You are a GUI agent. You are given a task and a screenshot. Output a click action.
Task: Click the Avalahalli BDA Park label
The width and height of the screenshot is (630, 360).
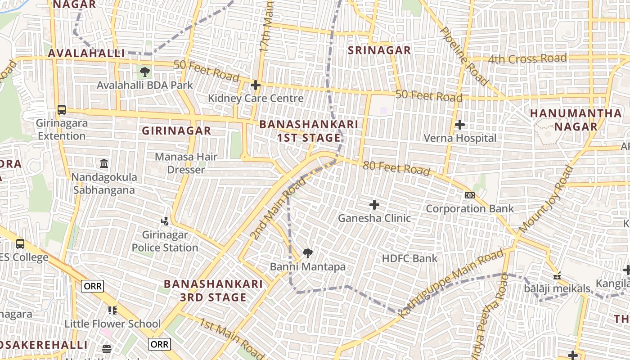pos(145,85)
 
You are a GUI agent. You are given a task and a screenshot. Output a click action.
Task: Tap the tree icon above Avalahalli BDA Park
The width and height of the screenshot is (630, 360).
pos(145,72)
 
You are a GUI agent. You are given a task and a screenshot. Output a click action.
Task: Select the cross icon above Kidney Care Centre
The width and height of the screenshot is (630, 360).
pos(256,85)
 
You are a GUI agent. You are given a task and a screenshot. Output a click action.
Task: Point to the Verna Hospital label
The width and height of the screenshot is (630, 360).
pos(460,138)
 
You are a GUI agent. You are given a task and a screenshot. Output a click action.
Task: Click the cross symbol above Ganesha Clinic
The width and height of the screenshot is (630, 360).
pos(374,205)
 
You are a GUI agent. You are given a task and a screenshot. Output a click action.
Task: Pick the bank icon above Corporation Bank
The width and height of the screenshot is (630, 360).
pos(469,195)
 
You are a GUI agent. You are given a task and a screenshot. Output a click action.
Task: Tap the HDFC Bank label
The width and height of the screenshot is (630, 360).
pos(409,258)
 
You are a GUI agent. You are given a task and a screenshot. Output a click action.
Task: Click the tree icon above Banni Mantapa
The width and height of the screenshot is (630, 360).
pos(308,253)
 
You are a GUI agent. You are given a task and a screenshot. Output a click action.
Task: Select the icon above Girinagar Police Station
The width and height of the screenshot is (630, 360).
pos(165,221)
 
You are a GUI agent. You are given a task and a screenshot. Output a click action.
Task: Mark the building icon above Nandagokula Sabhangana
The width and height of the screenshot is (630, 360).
pos(104,163)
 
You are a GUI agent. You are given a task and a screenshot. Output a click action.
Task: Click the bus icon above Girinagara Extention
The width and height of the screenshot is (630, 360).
pos(62,110)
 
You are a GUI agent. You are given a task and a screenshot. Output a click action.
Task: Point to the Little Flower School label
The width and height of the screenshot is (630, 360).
pos(112,324)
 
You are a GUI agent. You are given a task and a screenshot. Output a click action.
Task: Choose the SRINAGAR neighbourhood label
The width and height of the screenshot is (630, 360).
pos(379,50)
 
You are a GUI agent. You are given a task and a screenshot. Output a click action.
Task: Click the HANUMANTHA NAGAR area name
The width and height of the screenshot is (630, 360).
pos(576,120)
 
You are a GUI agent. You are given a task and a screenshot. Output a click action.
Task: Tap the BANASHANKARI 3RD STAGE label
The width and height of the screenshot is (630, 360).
pos(213,291)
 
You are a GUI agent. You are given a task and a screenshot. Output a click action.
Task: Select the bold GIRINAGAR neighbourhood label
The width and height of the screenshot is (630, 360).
pos(176,131)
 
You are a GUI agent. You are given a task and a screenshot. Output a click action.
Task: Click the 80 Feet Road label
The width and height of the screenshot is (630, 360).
pos(396,168)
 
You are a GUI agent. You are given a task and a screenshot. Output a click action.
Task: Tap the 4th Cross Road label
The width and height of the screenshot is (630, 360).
pos(527,59)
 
